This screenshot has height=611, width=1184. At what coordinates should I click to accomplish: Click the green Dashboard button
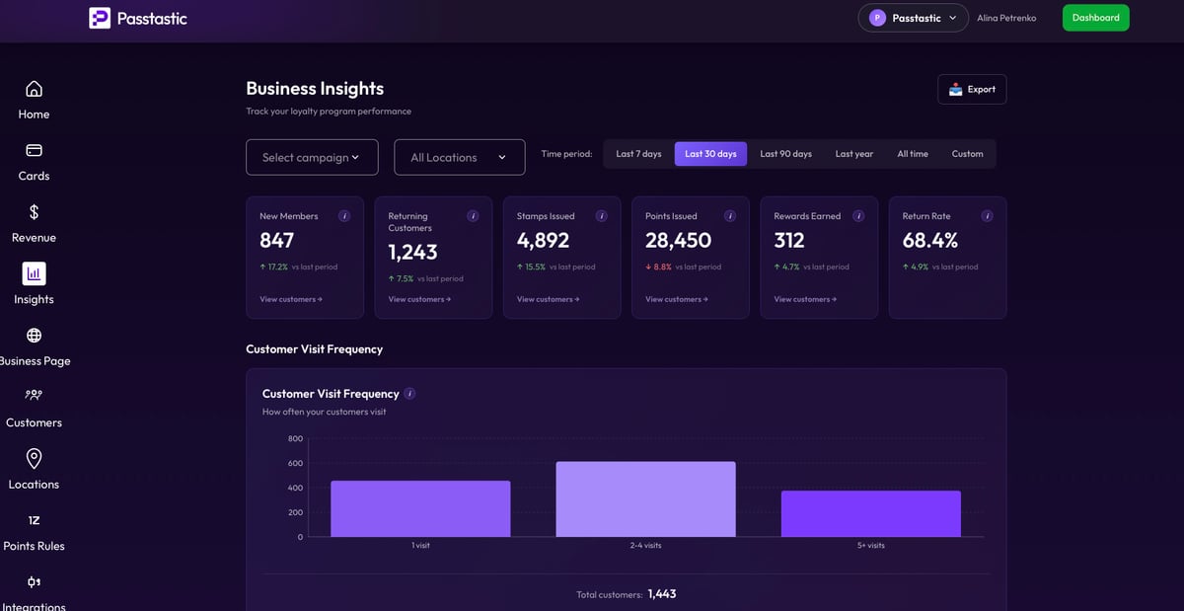tap(1095, 18)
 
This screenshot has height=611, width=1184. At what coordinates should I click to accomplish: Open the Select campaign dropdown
tap(312, 157)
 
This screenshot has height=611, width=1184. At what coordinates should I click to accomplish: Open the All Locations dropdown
tap(459, 157)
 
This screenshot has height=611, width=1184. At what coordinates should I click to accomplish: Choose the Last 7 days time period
tap(638, 154)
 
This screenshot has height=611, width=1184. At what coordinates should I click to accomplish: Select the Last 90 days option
tap(785, 154)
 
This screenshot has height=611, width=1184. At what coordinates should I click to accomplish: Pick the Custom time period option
tap(967, 154)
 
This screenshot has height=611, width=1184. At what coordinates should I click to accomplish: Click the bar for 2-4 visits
tap(645, 499)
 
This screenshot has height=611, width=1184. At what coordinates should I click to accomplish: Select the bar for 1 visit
tap(420, 509)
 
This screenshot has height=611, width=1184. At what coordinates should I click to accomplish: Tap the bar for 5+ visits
tap(870, 514)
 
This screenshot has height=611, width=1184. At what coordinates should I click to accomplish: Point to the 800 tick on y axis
tap(295, 438)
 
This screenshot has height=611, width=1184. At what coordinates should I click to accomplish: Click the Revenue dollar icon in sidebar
tap(34, 212)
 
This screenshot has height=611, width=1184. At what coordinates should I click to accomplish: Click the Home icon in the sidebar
tap(34, 90)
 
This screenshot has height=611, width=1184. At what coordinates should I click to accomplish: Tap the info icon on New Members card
tap(344, 216)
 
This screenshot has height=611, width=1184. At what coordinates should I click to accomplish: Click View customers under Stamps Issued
tap(548, 299)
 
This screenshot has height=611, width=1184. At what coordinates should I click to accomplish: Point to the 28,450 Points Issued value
tap(678, 241)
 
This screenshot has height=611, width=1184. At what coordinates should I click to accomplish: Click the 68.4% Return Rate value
tap(929, 241)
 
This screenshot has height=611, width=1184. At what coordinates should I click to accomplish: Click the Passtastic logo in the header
tap(138, 18)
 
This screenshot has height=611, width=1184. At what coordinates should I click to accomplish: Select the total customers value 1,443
tap(661, 594)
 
